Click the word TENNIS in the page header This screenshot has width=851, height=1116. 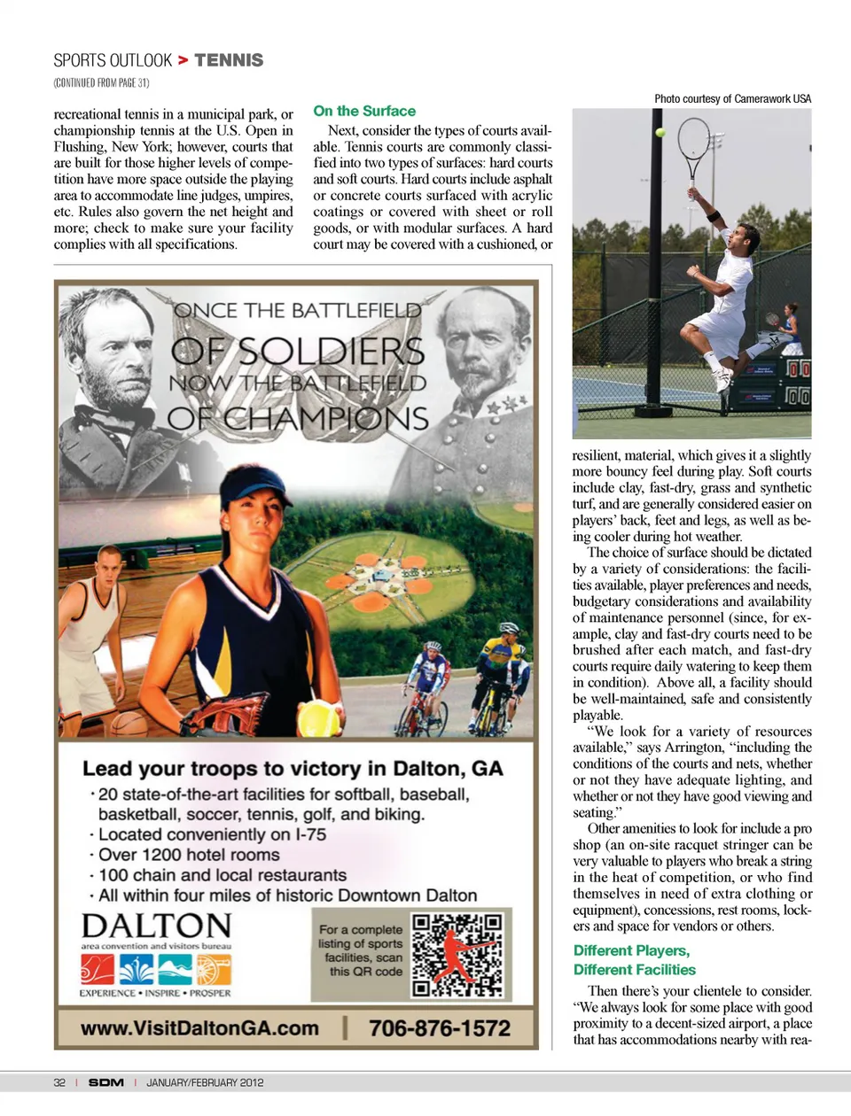point(229,60)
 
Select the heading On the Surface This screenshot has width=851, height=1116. point(364,111)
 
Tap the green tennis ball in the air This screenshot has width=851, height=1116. point(660,133)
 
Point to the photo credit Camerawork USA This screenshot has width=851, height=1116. point(732,98)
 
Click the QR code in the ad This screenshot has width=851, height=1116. point(457,955)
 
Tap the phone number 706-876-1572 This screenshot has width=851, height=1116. point(439,1028)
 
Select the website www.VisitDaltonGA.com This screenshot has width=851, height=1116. point(199,1028)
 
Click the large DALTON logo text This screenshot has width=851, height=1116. point(156,926)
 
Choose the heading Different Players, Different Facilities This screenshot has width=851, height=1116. point(634,960)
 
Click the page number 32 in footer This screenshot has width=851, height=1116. point(59,1082)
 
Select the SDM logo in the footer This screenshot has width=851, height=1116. point(105,1082)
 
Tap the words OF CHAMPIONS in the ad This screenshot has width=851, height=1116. point(298,418)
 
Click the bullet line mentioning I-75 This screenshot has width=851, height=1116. point(211,834)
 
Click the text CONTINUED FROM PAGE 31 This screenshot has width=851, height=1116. point(101,83)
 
